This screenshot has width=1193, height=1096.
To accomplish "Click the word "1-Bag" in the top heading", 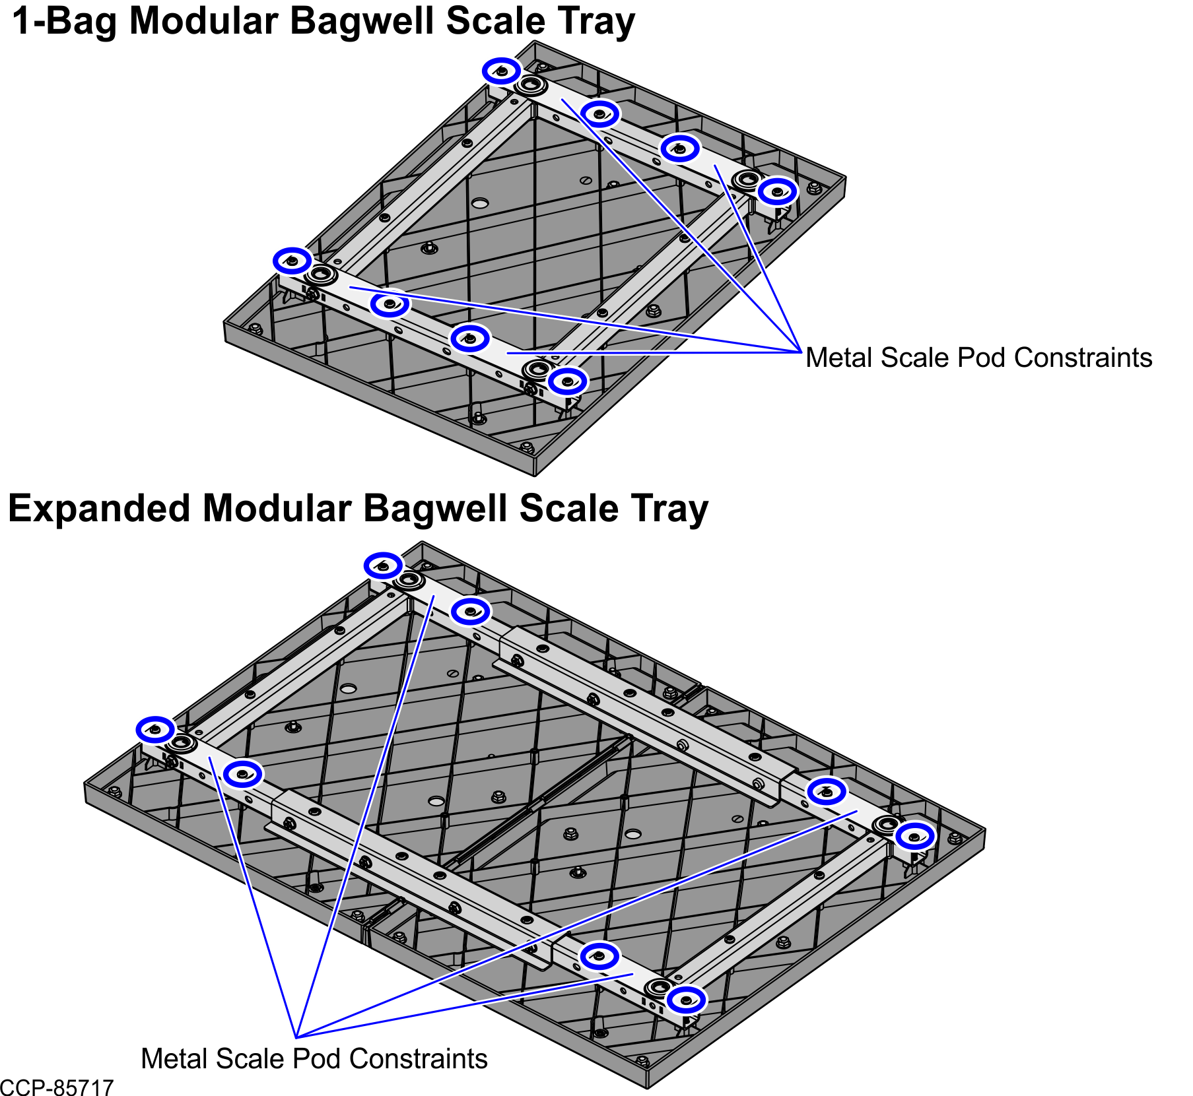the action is (x=67, y=21).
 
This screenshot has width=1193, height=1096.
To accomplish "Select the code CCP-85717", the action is (x=57, y=1087).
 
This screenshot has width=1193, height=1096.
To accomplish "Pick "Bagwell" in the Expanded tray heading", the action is (x=436, y=509).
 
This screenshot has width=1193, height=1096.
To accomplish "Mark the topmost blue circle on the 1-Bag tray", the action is (x=502, y=70).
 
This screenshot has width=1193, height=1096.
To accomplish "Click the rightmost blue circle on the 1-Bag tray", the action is (x=778, y=191).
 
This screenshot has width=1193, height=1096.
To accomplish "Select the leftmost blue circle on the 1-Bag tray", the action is (x=292, y=261).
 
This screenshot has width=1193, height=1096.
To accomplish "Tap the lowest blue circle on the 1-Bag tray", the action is (x=567, y=381).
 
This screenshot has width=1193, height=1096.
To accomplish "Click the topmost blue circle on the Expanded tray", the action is (x=383, y=565).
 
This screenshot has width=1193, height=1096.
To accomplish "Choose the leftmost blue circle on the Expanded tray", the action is (x=156, y=729).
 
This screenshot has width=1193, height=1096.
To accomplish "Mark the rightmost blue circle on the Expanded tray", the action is (x=915, y=837).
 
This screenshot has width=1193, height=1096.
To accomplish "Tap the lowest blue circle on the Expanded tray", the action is (x=687, y=1000).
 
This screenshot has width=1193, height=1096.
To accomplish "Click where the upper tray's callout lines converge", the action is (x=801, y=352).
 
